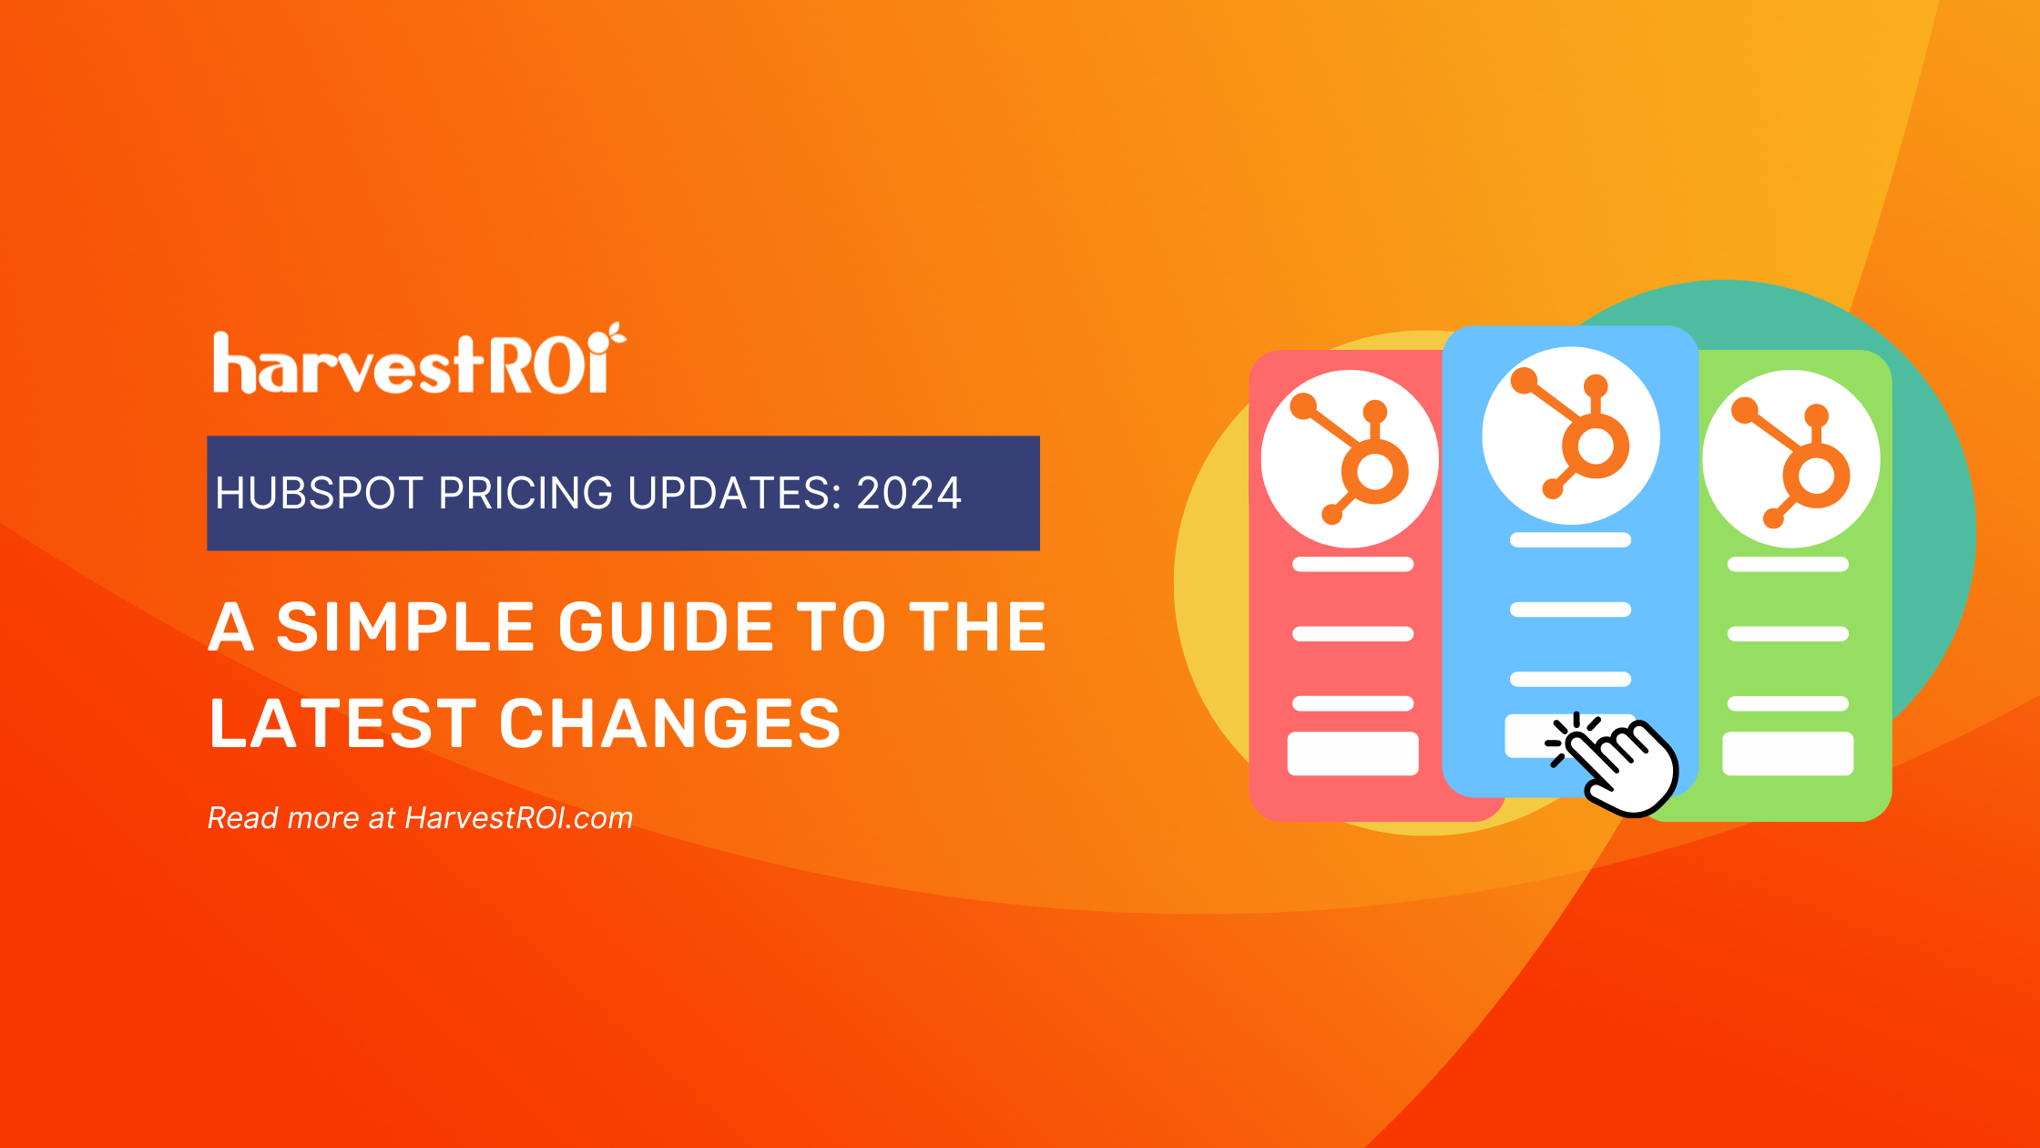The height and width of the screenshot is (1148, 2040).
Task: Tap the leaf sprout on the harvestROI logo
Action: click(x=617, y=334)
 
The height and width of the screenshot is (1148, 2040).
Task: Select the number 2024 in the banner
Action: click(x=908, y=493)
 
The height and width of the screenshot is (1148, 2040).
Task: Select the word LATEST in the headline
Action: click(x=342, y=723)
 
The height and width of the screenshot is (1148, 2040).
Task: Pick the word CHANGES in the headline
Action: click(x=669, y=723)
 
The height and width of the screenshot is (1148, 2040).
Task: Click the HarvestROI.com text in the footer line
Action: click(x=518, y=817)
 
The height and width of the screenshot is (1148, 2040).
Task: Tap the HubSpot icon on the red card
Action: click(x=1350, y=458)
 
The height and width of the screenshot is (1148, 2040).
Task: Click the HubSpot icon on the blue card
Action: click(x=1571, y=435)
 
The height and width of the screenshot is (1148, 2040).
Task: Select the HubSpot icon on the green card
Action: click(x=1791, y=458)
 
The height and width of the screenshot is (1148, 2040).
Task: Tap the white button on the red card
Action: click(x=1352, y=753)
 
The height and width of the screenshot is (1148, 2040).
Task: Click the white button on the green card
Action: click(x=1788, y=753)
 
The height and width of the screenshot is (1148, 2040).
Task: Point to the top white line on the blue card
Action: click(x=1570, y=540)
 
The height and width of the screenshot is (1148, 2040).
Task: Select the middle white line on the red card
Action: click(x=1352, y=633)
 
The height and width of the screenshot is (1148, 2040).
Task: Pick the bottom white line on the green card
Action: click(x=1788, y=703)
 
